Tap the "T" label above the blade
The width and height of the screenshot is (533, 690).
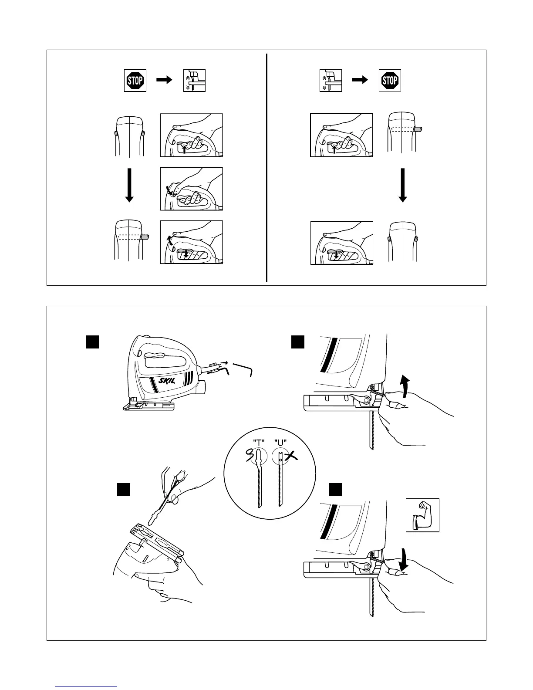pyautogui.click(x=259, y=443)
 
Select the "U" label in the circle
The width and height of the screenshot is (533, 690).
pyautogui.click(x=280, y=443)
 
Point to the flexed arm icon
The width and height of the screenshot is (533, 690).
pyautogui.click(x=422, y=515)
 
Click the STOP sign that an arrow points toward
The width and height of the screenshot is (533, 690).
pyautogui.click(x=390, y=80)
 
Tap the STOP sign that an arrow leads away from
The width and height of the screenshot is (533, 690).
pyautogui.click(x=135, y=81)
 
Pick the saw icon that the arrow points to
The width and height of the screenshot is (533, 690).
pyautogui.click(x=194, y=81)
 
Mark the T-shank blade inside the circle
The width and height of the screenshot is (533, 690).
pyautogui.click(x=260, y=481)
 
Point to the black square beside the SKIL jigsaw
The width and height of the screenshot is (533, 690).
pyautogui.click(x=92, y=342)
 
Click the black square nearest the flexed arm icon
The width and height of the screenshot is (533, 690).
pyautogui.click(x=335, y=490)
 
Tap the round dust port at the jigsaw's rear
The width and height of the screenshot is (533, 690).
pyautogui.click(x=202, y=386)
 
